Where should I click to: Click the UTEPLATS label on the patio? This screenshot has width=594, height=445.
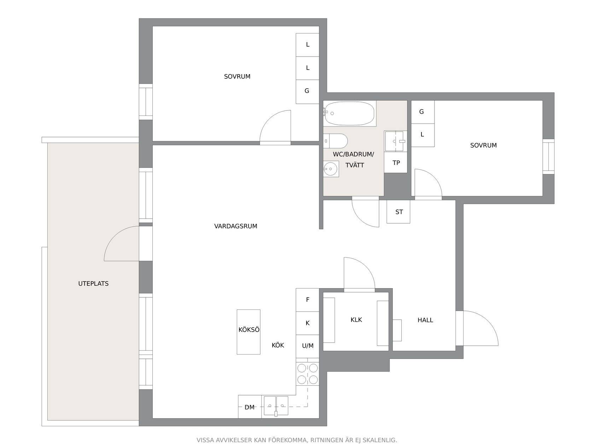pos(93,284)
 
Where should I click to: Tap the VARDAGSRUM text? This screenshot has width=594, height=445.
pos(235,226)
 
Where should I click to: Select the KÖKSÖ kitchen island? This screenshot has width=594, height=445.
pos(249,332)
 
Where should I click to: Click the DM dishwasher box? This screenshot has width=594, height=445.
pos(250,407)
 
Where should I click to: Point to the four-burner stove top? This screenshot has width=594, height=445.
pos(307,374)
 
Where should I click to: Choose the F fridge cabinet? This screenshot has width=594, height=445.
pos(307,300)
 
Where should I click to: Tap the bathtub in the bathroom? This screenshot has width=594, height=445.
pos(349,113)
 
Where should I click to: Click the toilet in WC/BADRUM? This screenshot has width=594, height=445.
pos(335,141)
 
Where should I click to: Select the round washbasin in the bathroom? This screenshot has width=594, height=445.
pos(331,169)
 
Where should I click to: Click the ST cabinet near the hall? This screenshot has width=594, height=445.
pos(398,212)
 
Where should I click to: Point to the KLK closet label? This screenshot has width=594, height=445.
pos(356,320)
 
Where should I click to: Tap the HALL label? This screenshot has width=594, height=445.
pos(425,320)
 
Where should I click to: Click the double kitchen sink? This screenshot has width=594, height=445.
pos(276,406)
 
